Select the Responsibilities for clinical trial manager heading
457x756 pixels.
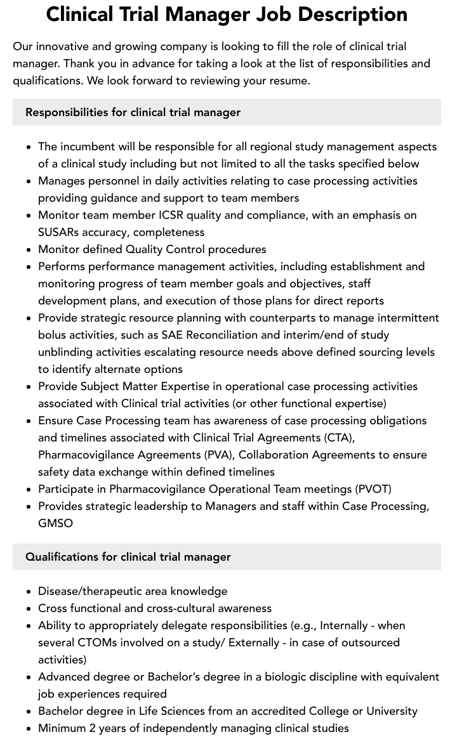click(x=133, y=112)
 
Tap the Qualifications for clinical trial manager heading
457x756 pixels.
click(x=128, y=557)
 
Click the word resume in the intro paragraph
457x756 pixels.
click(x=289, y=81)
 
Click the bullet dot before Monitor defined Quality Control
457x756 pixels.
click(x=29, y=249)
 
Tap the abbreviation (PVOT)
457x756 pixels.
click(x=374, y=489)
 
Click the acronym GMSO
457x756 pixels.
click(x=55, y=523)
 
